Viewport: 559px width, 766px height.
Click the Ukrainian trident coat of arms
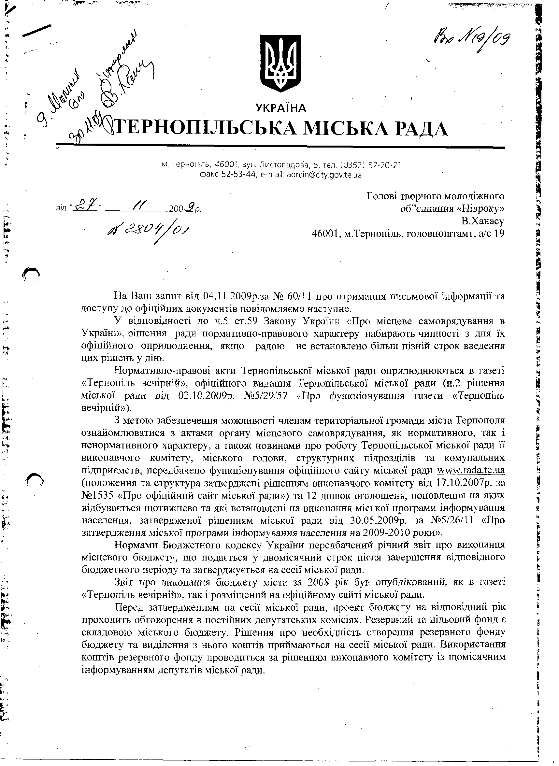click(x=280, y=63)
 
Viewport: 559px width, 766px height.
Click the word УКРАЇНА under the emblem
click(x=281, y=107)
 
